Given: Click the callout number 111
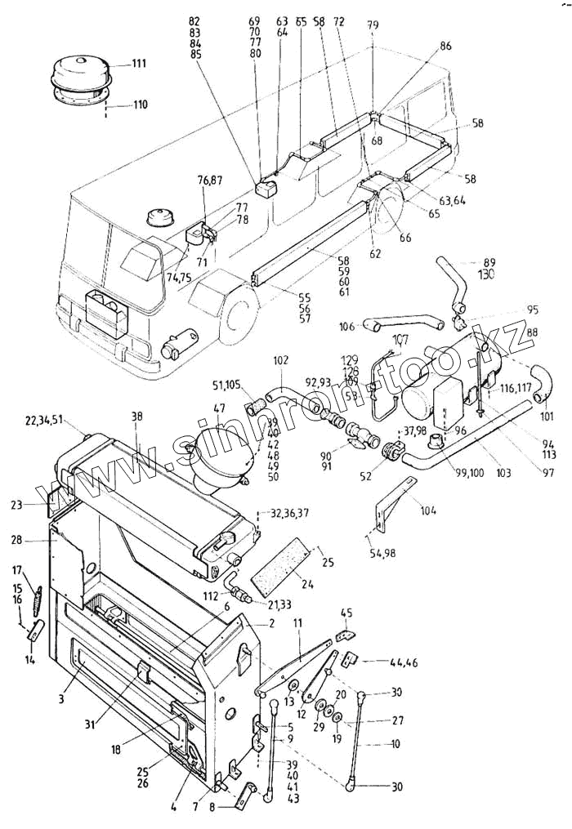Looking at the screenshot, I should pyautogui.click(x=140, y=64).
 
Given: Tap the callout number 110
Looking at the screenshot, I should pyautogui.click(x=140, y=105).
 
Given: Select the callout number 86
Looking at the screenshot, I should pyautogui.click(x=445, y=47).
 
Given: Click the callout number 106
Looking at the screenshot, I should pyautogui.click(x=346, y=326).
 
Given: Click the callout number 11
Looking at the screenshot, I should pyautogui.click(x=298, y=623).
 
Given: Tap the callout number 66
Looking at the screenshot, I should pyautogui.click(x=405, y=238).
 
